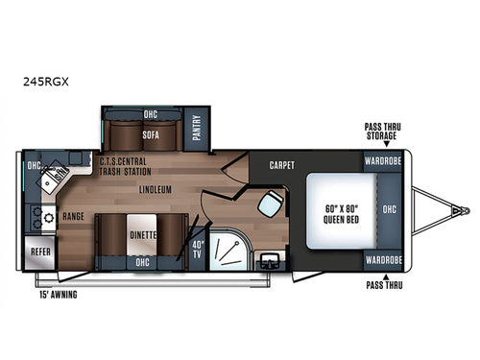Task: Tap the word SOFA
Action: (150, 135)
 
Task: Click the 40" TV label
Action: (199, 254)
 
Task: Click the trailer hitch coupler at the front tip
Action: (465, 208)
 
